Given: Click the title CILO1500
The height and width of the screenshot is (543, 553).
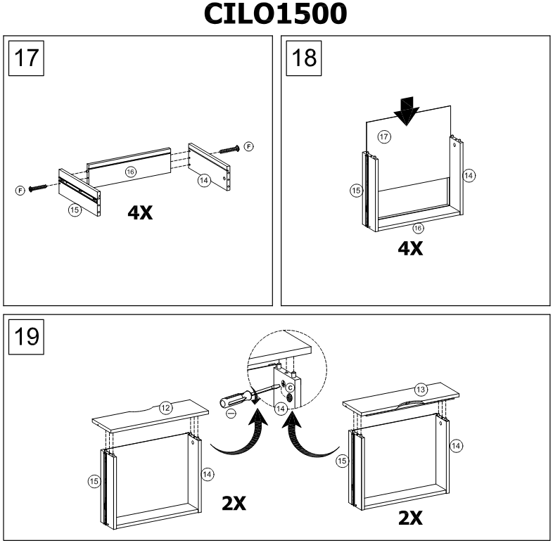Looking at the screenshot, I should (276, 15).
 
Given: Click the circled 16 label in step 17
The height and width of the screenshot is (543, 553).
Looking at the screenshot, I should (130, 171).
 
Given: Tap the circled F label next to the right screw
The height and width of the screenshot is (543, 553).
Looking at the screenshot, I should (248, 146).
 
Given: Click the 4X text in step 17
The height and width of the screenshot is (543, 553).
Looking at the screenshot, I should (141, 212).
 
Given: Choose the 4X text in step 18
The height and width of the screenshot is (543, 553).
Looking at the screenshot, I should (409, 248).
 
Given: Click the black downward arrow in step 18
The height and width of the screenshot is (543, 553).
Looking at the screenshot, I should (406, 111).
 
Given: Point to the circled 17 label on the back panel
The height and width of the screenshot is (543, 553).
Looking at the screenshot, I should (384, 137).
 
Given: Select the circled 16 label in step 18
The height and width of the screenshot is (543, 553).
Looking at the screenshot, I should (418, 228).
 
